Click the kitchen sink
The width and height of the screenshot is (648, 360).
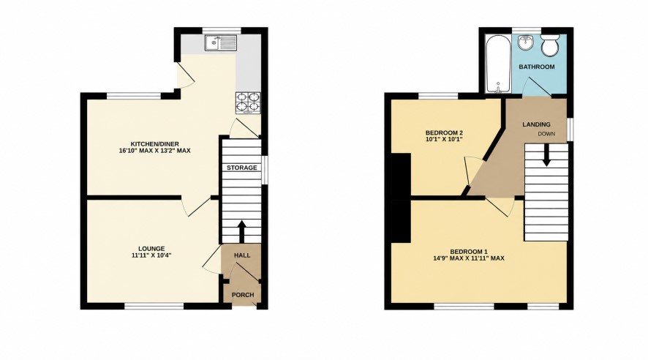(x=221, y=43)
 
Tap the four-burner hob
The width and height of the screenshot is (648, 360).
(x=249, y=102)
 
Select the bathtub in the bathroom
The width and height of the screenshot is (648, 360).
(x=498, y=65)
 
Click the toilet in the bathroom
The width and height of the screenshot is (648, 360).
(x=550, y=46)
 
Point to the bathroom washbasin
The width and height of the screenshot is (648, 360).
(x=526, y=43)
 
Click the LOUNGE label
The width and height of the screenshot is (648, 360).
(x=151, y=249)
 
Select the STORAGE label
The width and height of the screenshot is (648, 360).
(x=242, y=168)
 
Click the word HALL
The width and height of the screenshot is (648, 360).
(x=242, y=255)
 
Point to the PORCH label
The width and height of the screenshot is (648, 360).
(x=243, y=295)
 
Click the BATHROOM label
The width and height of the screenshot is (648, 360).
(x=537, y=67)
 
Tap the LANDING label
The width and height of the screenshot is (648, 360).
(x=536, y=124)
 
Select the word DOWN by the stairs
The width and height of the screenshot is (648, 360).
(x=546, y=134)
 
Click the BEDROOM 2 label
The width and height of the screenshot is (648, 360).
(x=444, y=132)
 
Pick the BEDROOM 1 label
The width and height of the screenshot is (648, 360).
(x=469, y=252)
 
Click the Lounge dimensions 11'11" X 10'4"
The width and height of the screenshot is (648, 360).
(x=151, y=255)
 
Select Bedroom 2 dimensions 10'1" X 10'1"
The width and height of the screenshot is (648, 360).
(x=444, y=139)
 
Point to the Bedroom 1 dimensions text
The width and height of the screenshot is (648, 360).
(x=469, y=258)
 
